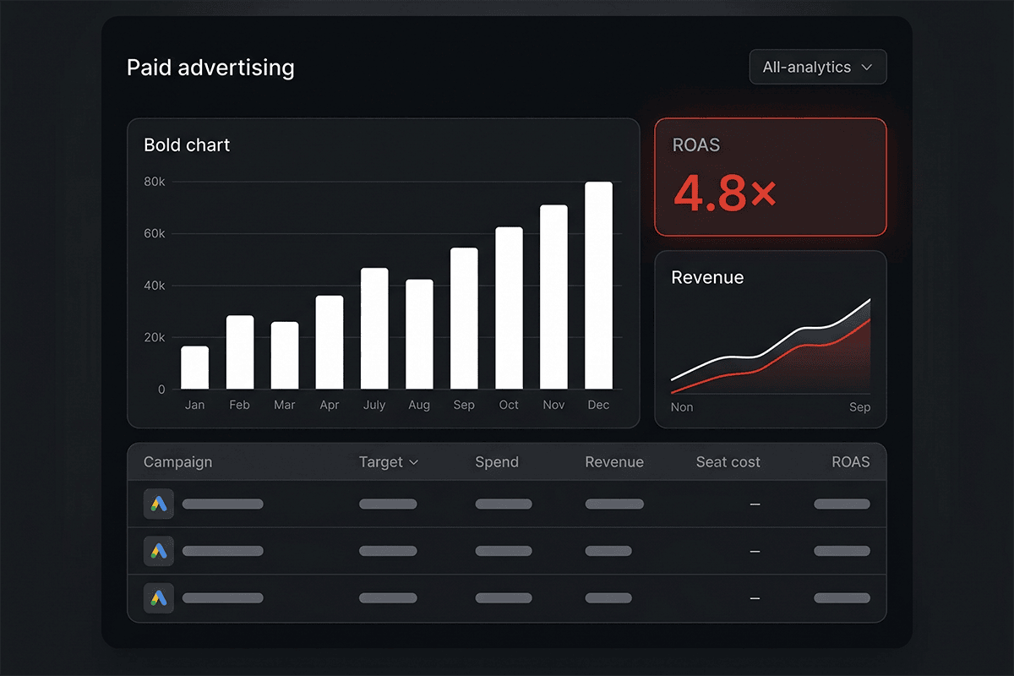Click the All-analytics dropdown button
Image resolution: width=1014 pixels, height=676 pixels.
818,67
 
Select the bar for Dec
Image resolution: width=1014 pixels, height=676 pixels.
598,286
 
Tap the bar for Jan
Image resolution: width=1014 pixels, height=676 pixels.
194,368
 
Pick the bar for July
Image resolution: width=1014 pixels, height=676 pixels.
374,328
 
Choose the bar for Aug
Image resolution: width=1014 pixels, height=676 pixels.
419,334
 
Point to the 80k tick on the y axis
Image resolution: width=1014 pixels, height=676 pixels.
155,182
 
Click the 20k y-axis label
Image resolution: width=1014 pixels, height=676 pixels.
155,337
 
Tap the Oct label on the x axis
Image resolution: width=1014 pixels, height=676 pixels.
509,405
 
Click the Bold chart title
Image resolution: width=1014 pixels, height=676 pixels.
187,145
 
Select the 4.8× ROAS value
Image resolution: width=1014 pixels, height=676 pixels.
725,194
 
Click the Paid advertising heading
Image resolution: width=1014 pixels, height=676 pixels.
210,68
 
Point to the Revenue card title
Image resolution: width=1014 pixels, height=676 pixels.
707,277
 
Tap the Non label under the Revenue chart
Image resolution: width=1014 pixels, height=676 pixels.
682,407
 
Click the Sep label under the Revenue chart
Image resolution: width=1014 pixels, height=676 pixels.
859,407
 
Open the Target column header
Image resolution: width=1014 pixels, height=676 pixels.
389,462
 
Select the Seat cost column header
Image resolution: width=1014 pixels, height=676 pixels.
728,462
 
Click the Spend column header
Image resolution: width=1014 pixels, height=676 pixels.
497,462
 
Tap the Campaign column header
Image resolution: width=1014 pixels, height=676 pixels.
177,462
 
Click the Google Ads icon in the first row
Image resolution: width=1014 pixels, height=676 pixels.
159,504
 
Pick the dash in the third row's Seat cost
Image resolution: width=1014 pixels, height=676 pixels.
755,598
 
